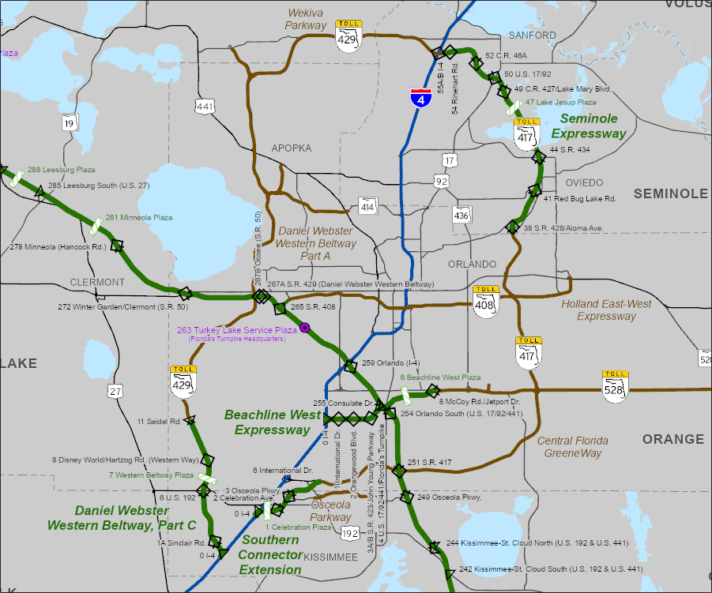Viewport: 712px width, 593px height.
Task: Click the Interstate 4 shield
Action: tap(421, 99)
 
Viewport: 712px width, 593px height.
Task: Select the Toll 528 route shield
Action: tap(615, 386)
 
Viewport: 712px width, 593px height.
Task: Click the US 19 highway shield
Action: tap(71, 122)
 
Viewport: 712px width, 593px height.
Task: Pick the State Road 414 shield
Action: tap(367, 206)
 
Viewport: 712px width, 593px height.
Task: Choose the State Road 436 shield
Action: tap(462, 214)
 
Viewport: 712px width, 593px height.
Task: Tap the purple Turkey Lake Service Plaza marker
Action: tap(303, 328)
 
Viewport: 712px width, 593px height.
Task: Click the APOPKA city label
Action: tap(292, 148)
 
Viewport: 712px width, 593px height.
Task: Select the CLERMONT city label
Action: tap(97, 282)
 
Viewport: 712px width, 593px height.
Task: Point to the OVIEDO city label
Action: tap(584, 182)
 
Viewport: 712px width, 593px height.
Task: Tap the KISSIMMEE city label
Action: tap(330, 557)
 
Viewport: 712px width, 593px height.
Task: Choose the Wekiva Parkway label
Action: tap(307, 20)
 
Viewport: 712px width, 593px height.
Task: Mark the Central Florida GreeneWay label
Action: tap(573, 447)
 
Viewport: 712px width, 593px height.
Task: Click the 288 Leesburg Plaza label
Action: tap(62, 170)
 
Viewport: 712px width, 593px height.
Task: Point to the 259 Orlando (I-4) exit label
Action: tap(390, 363)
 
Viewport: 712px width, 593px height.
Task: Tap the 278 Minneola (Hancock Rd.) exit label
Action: tap(58, 247)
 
